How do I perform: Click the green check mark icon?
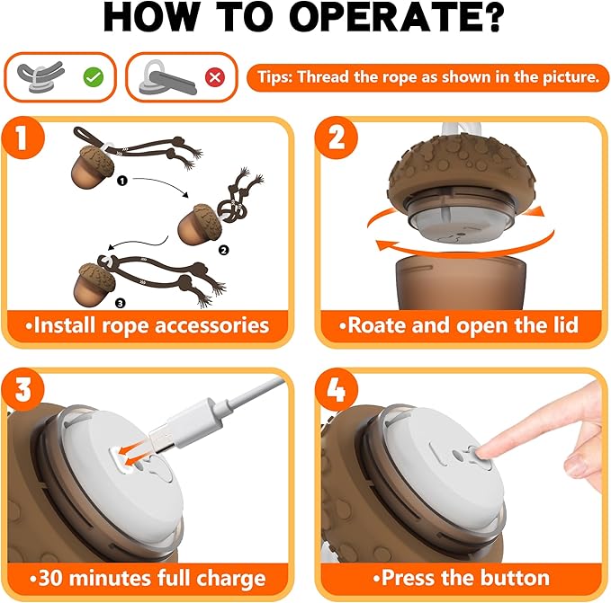(94, 76)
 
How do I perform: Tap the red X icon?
(215, 77)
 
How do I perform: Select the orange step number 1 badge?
(22, 137)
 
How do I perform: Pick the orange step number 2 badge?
(337, 137)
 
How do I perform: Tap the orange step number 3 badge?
(22, 389)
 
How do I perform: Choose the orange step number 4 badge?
(337, 389)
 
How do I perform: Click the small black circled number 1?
(122, 181)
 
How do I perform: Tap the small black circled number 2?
(223, 250)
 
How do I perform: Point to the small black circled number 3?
(120, 303)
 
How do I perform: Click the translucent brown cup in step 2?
(461, 283)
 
